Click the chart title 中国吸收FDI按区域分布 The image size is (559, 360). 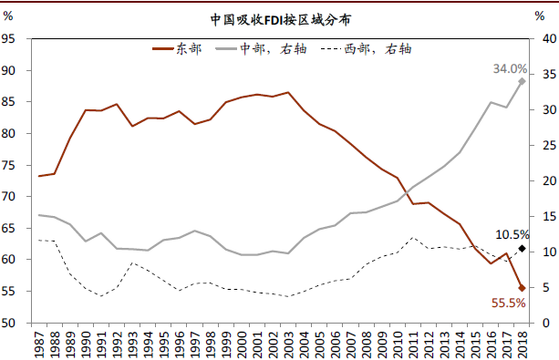tap(279, 18)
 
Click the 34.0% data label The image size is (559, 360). tap(511, 68)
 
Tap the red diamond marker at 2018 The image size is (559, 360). tap(522, 288)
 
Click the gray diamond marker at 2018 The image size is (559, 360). tap(522, 81)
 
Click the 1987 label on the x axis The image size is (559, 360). tap(39, 343)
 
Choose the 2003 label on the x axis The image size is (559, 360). tap(288, 343)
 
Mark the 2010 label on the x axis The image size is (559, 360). tap(398, 343)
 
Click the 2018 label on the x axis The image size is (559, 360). tap(522, 343)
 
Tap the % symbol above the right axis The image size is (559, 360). tap(539, 16)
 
